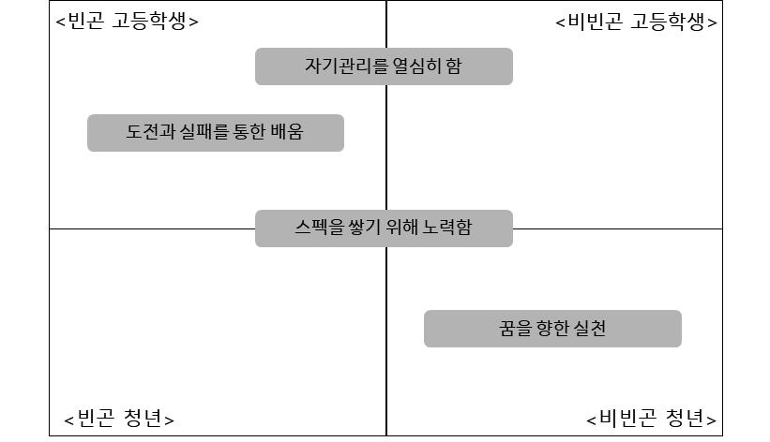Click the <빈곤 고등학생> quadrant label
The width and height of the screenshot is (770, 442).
coord(127,21)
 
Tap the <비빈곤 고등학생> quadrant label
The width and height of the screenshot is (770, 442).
coord(637,22)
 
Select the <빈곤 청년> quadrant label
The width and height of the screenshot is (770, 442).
coord(119,418)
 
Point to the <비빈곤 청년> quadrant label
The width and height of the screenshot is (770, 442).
coord(652,418)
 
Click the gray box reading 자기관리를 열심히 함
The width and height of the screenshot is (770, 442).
coord(384,66)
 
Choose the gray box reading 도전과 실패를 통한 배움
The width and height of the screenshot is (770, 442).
coord(215,132)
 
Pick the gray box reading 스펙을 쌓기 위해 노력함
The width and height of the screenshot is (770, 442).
coord(384,228)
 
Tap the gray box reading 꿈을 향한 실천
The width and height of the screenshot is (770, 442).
coord(552,329)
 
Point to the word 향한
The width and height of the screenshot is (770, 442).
coord(551,329)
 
